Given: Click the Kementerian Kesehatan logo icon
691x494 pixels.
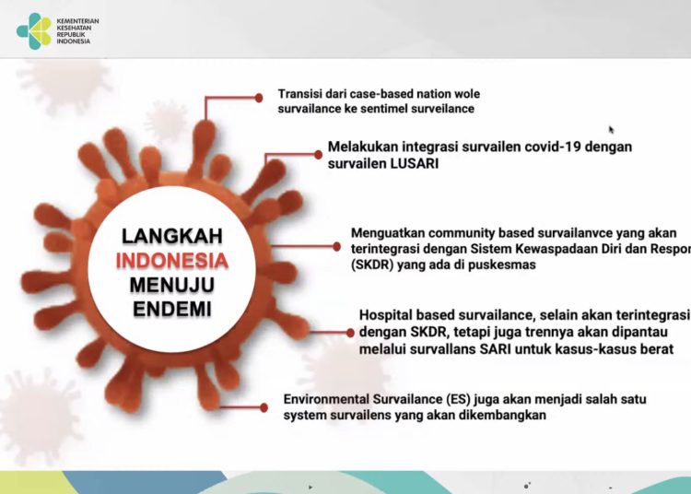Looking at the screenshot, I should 35,30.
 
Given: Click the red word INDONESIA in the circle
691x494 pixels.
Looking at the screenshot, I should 172,260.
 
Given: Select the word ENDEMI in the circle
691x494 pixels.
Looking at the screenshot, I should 172,308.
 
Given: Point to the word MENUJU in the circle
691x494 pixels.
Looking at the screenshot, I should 172,284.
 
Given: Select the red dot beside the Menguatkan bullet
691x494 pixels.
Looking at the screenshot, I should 336,247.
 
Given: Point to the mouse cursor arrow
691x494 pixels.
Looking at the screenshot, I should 611,130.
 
